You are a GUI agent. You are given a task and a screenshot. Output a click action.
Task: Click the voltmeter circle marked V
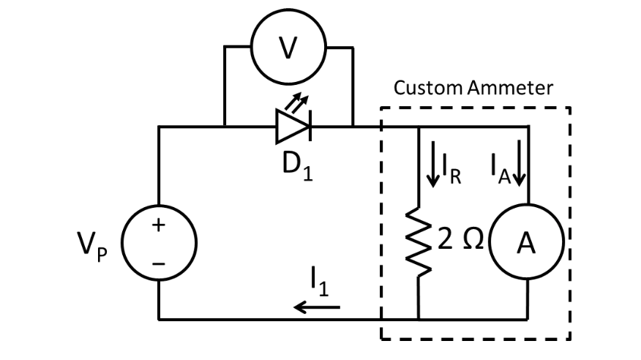(x=289, y=48)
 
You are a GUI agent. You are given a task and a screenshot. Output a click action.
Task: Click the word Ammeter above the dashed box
(x=510, y=89)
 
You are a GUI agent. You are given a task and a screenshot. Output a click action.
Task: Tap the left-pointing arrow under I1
(x=317, y=306)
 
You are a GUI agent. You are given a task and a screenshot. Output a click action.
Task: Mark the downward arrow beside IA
(x=520, y=165)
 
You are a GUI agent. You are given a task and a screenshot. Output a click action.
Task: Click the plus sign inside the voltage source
(x=158, y=226)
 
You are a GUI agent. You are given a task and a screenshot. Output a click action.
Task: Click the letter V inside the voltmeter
(x=289, y=48)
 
